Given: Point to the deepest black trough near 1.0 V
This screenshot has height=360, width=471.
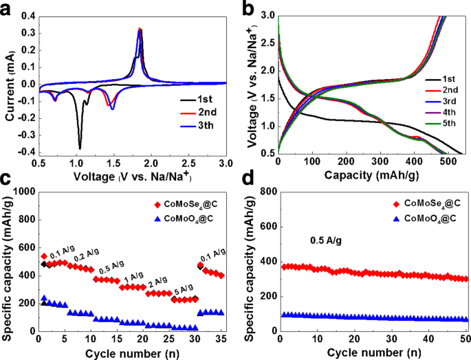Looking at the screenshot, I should (80, 148).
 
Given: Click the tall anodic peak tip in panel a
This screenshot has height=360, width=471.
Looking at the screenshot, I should (140, 29).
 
